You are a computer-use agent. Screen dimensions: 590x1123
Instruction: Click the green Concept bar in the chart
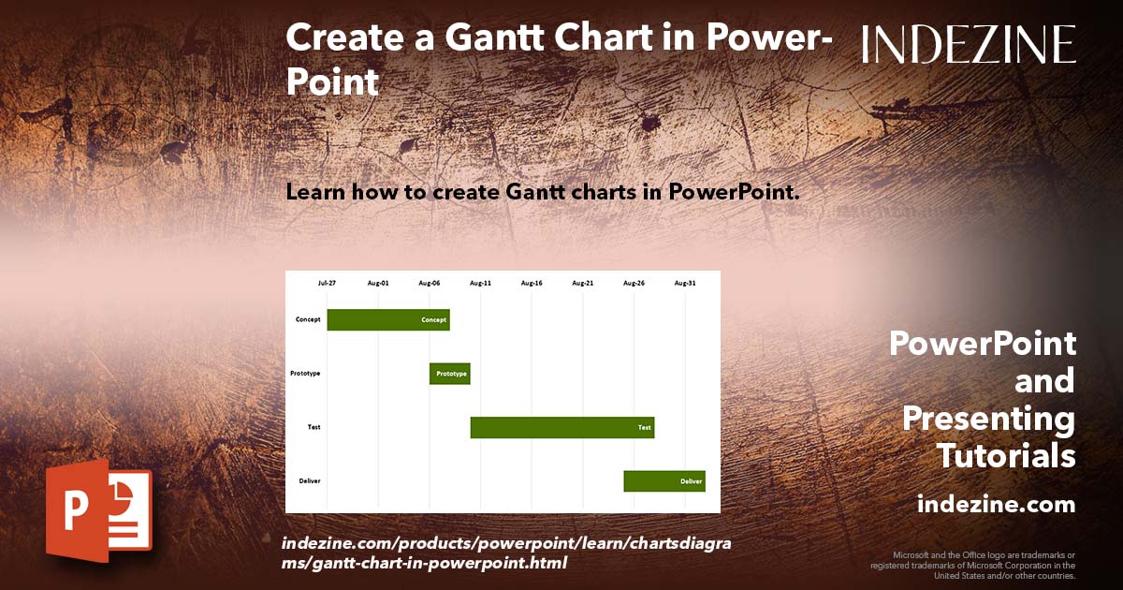[x=387, y=319]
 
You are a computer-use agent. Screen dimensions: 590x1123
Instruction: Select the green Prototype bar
[x=449, y=374]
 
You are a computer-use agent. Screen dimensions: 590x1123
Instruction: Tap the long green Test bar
[x=561, y=427]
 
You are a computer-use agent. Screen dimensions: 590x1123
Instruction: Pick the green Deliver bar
[x=664, y=481]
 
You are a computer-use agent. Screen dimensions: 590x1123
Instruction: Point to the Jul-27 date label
[x=327, y=282]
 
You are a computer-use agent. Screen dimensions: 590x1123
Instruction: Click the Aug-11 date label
[x=480, y=282]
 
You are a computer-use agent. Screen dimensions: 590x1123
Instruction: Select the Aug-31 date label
[x=685, y=282]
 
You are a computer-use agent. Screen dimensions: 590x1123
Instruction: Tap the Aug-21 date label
[x=583, y=282]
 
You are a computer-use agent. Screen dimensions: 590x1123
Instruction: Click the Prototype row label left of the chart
[x=305, y=374]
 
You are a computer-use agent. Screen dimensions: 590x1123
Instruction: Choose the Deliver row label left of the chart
[x=310, y=481]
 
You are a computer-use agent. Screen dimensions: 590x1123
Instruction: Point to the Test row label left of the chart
[x=314, y=427]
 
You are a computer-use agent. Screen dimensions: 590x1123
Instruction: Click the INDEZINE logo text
[x=969, y=44]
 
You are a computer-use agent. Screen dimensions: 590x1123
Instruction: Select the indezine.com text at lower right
[x=996, y=505]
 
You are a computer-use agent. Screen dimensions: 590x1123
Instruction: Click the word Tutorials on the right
[x=1006, y=456]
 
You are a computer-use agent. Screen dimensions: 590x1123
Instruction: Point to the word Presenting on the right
[x=988, y=419]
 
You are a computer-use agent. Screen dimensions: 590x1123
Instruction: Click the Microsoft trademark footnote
[x=973, y=565]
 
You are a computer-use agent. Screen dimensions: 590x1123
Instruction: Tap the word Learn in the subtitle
[x=315, y=193]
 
